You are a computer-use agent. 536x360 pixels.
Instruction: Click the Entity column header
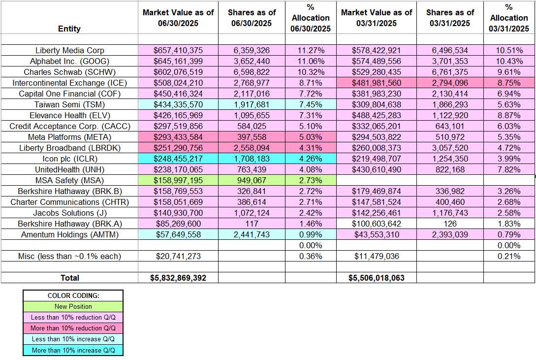pyautogui.click(x=69, y=29)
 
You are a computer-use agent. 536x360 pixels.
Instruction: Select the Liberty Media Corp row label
pyautogui.click(x=69, y=50)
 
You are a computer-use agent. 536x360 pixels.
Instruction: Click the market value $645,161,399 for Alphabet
pyautogui.click(x=178, y=61)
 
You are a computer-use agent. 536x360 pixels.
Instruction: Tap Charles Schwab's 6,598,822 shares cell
pyautogui.click(x=251, y=72)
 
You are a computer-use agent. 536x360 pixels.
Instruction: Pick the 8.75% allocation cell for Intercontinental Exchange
pyautogui.click(x=509, y=83)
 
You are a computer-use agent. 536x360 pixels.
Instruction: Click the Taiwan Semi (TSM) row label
pyautogui.click(x=69, y=104)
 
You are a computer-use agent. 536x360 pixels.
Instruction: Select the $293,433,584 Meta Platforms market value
pyautogui.click(x=178, y=137)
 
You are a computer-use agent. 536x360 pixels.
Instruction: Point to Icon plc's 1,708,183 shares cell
pyautogui.click(x=251, y=159)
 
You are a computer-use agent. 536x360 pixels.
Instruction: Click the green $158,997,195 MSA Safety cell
pyautogui.click(x=178, y=180)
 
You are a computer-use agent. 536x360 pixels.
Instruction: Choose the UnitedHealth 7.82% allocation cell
pyautogui.click(x=509, y=169)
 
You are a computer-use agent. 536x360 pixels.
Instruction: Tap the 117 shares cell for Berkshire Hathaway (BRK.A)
pyautogui.click(x=251, y=224)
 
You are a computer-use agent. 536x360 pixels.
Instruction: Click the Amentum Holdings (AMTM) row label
pyautogui.click(x=69, y=234)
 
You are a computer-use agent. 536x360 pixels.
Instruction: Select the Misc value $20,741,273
pyautogui.click(x=178, y=256)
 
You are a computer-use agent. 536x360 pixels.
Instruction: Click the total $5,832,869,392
pyautogui.click(x=178, y=278)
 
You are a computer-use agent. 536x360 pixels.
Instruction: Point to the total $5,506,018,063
pyautogui.click(x=376, y=278)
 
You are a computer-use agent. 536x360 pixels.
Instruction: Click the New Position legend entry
pyautogui.click(x=73, y=306)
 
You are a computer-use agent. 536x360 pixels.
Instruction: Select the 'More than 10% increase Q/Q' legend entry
pyautogui.click(x=73, y=350)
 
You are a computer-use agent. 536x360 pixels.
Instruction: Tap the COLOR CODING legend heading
pyautogui.click(x=73, y=295)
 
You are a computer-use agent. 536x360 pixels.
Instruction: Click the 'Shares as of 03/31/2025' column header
pyautogui.click(x=450, y=18)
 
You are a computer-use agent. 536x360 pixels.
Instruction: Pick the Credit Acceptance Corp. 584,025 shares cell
pyautogui.click(x=251, y=126)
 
